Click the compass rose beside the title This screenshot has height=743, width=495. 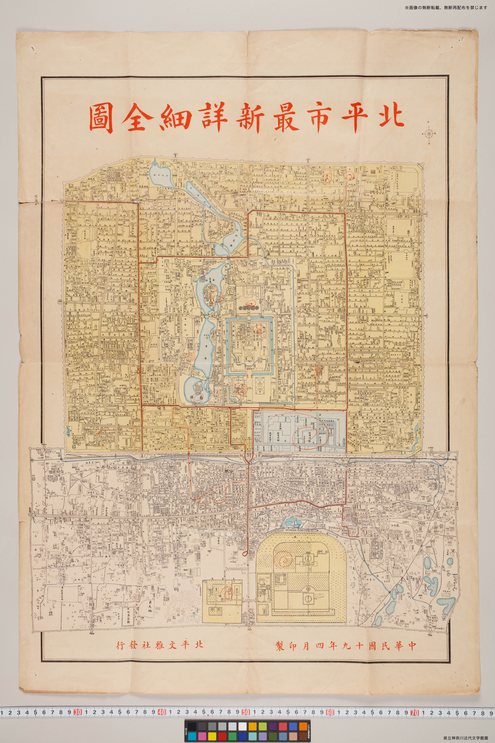coord(429,134)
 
